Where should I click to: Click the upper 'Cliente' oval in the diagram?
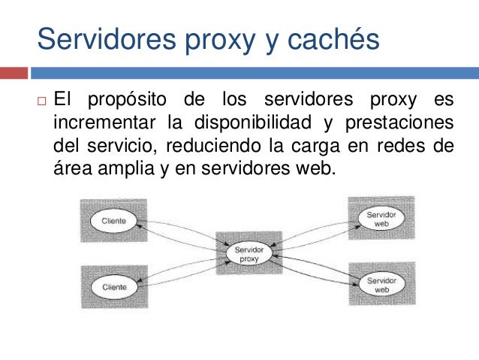[x=114, y=221]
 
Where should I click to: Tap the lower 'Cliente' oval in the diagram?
[x=114, y=286]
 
